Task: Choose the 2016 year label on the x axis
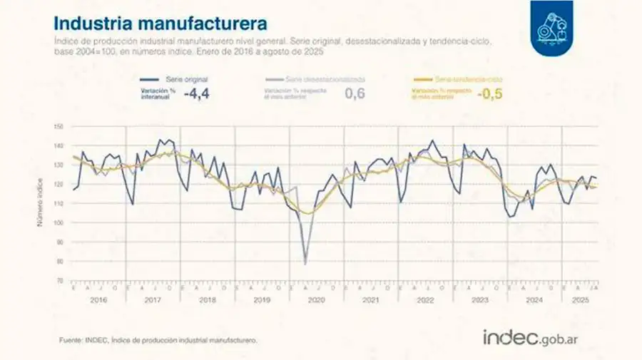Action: click(x=98, y=301)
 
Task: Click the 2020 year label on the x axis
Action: click(x=316, y=301)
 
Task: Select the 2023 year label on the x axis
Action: click(x=479, y=301)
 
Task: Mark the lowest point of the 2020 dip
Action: click(x=306, y=264)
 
